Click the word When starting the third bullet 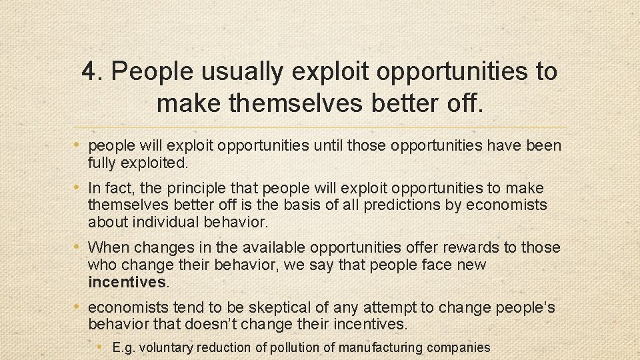point(109,247)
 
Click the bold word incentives point(127,282)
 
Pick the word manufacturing point(380,347)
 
